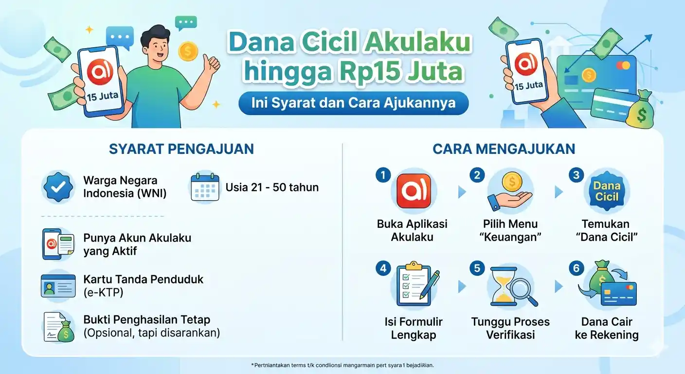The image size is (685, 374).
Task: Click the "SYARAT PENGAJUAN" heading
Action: (x=181, y=149)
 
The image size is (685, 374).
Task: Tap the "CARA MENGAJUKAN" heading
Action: (x=504, y=149)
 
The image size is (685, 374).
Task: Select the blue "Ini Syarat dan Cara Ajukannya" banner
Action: (x=353, y=103)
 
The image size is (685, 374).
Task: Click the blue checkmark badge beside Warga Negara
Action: (x=59, y=187)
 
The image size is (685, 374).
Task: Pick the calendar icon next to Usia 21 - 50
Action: (x=205, y=187)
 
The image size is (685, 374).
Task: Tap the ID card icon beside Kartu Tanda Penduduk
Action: (x=58, y=285)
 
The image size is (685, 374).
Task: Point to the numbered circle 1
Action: (x=383, y=175)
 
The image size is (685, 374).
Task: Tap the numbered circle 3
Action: (x=577, y=175)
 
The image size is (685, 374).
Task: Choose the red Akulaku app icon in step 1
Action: (x=414, y=191)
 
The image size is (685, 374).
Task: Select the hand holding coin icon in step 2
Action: (x=509, y=191)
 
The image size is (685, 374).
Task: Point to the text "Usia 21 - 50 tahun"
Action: (x=272, y=187)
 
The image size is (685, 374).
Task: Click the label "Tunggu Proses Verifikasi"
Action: (x=510, y=328)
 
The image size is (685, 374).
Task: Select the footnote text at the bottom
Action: (x=342, y=365)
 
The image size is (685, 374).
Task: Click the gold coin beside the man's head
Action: (x=188, y=51)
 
